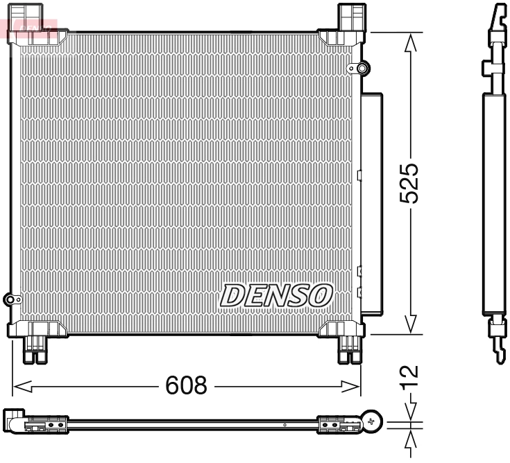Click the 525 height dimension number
click(411, 183)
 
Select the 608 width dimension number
click(186, 385)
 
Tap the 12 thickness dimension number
click(411, 374)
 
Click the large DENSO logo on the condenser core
click(276, 295)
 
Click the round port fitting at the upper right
click(362, 68)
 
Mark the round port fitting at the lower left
click(12, 299)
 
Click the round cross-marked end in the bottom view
click(374, 420)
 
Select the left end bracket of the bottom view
click(17, 421)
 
